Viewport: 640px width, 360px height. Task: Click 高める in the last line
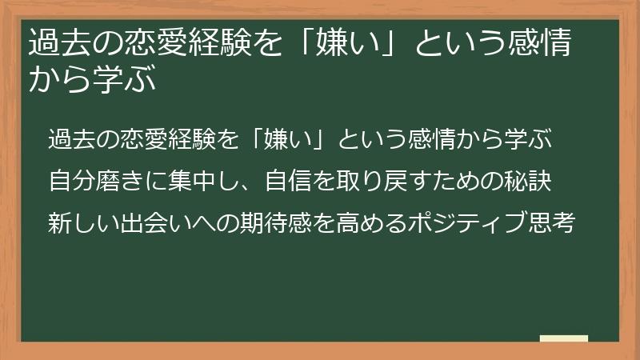tap(361, 220)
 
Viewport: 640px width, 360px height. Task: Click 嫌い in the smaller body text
tap(295, 138)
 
